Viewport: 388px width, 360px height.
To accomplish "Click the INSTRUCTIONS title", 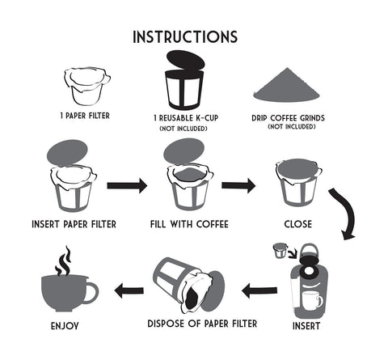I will pos(184,36).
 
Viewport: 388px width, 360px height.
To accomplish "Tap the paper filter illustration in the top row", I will pos(86,87).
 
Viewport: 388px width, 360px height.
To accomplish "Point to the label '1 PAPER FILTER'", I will pos(86,116).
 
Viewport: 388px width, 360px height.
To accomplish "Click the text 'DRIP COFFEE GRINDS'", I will pos(293,116).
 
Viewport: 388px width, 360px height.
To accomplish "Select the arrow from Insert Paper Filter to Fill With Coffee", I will pos(127,185).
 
